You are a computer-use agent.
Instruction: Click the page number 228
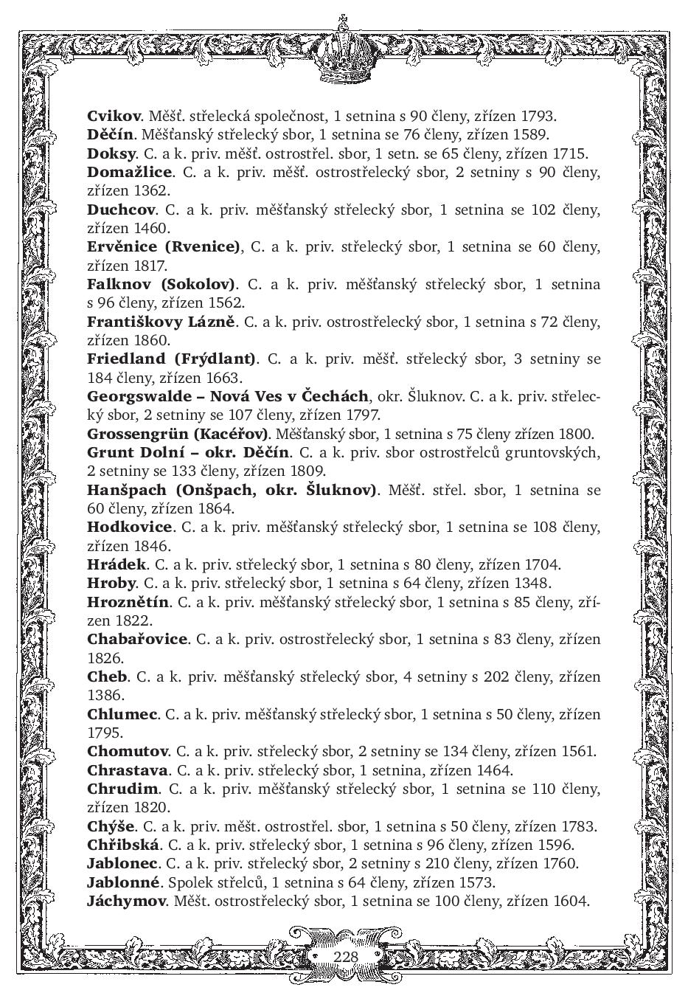(345, 957)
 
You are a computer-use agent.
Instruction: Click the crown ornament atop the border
(341, 52)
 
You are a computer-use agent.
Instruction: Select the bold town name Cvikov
(114, 116)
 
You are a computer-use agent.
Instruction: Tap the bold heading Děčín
(110, 135)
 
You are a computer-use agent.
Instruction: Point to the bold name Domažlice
(130, 173)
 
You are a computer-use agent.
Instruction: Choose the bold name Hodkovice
(129, 527)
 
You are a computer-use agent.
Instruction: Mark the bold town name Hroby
(111, 584)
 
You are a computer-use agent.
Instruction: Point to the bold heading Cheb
(108, 677)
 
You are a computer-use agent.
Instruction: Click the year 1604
(572, 901)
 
